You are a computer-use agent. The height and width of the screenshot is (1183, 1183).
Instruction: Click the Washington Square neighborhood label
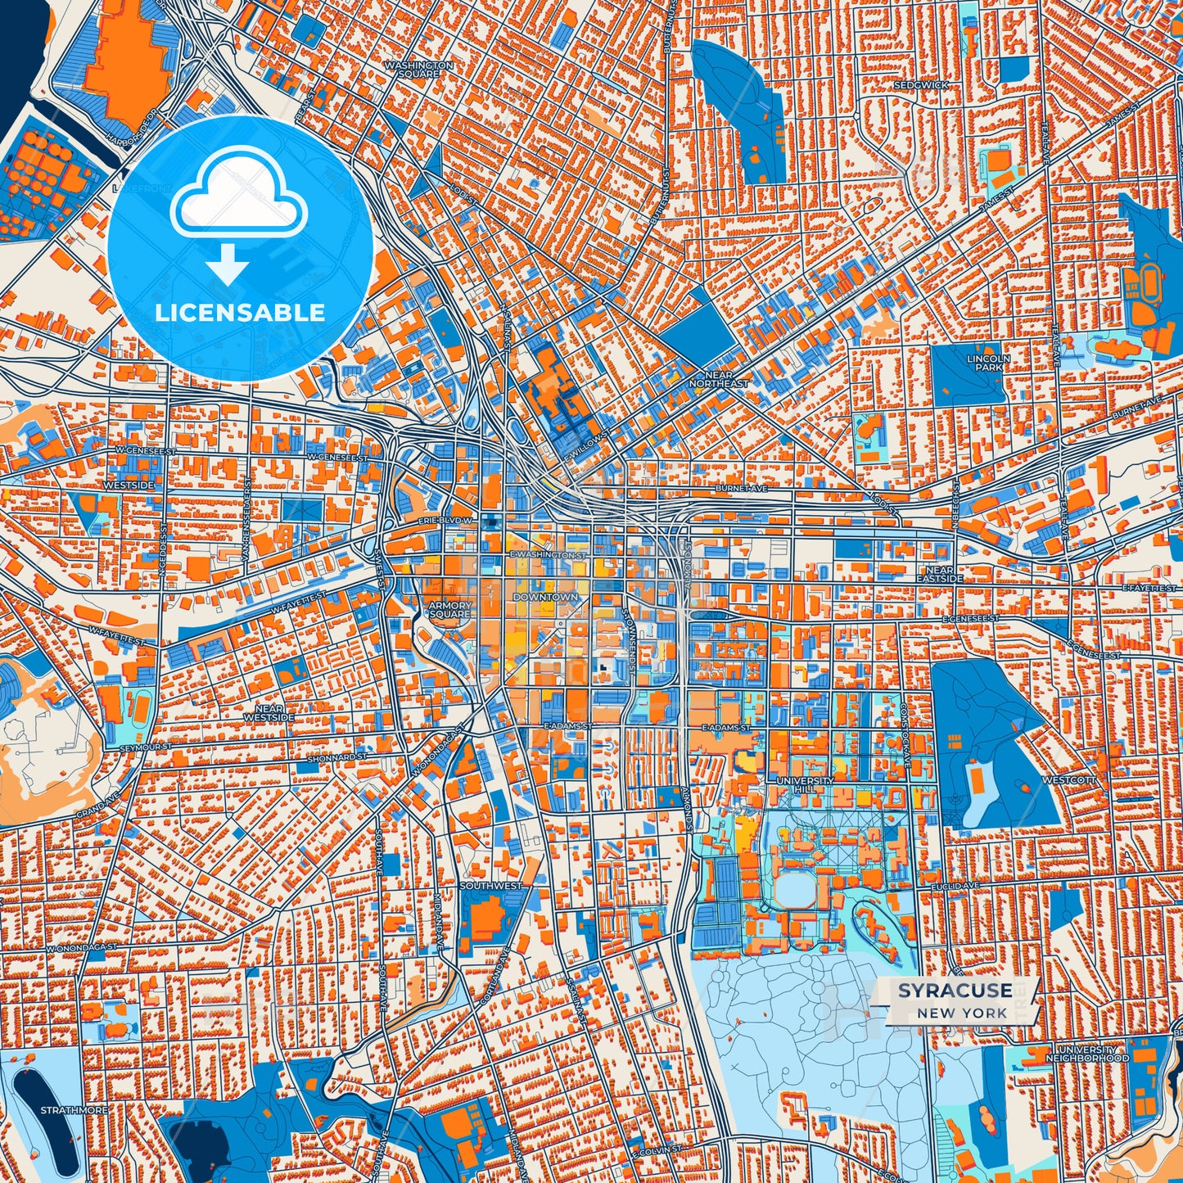coord(418,69)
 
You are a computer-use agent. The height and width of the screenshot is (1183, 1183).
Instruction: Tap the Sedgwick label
coord(921,85)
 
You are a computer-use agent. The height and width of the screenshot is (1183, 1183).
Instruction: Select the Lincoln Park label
coord(988,363)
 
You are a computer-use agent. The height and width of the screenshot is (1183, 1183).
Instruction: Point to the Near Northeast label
coord(718,379)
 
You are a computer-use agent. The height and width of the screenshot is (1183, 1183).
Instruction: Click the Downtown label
coord(545,598)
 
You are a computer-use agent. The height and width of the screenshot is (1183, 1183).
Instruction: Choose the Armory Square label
coord(449,610)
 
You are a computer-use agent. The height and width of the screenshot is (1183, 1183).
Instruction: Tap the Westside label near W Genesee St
coord(129,485)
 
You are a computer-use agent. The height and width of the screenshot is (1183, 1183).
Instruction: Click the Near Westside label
coord(269,713)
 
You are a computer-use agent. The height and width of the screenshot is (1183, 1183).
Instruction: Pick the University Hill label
coord(805,785)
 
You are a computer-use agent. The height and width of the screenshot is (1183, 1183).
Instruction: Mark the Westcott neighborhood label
coord(1068,780)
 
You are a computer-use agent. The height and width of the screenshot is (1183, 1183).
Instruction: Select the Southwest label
coord(490,886)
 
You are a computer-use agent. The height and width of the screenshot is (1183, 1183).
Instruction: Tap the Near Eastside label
coord(939,574)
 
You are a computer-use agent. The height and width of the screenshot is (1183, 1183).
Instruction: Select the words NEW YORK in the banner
coord(961,1014)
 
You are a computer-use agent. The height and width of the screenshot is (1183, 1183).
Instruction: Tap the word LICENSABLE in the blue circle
coord(240,313)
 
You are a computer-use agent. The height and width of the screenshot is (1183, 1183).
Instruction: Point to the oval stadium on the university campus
coord(797,889)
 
